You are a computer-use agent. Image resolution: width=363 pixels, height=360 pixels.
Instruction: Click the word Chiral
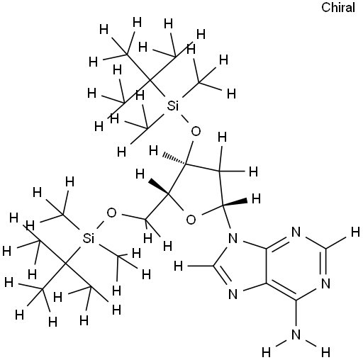point(338,8)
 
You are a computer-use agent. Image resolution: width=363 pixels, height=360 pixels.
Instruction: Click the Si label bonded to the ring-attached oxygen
point(173,106)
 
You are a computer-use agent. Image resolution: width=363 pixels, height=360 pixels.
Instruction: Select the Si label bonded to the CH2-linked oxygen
point(89,239)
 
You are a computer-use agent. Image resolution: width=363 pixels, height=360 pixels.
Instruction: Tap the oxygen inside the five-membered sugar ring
point(191,220)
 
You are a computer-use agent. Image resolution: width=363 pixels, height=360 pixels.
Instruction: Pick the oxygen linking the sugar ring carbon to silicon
point(196,131)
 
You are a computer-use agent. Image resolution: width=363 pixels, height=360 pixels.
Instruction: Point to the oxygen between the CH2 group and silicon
point(111,213)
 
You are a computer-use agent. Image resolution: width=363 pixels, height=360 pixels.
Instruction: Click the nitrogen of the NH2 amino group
point(296,334)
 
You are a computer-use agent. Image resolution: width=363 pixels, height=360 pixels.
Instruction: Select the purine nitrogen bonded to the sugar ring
point(233,238)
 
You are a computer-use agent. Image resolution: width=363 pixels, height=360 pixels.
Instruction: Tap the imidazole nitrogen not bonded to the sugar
point(233,294)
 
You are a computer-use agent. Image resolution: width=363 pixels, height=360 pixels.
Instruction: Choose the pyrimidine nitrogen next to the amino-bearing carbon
point(326,283)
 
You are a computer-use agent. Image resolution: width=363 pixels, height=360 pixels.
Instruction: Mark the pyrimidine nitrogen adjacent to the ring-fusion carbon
point(296,232)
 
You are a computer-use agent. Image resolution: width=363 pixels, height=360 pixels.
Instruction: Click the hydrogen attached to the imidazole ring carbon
point(178,266)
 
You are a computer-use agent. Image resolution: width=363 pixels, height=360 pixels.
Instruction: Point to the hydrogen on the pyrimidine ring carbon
point(355,232)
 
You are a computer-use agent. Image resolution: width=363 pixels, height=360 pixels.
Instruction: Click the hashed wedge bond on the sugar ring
point(174,159)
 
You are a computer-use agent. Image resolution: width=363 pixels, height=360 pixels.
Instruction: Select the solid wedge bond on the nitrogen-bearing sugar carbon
point(234,203)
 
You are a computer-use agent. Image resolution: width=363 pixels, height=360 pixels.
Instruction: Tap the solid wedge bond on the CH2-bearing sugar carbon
point(158,187)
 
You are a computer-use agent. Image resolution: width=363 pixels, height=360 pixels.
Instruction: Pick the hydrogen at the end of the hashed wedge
point(153,150)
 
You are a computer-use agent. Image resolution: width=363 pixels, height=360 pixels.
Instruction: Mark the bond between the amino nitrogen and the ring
point(296,314)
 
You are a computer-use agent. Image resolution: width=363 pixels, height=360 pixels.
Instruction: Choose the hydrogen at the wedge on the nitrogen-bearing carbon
point(256,198)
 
